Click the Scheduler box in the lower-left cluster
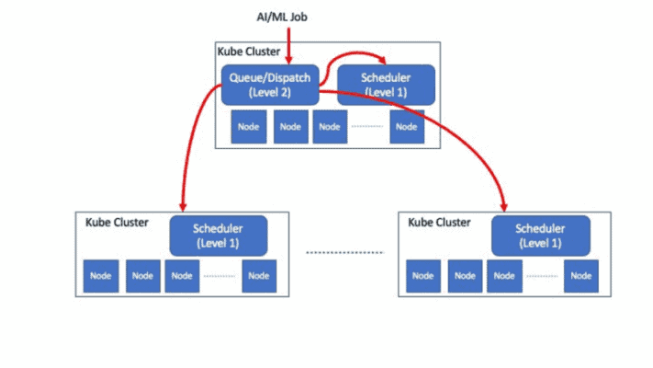tap(218, 236)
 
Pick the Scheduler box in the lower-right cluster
tap(539, 236)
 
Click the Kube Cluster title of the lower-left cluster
tap(117, 223)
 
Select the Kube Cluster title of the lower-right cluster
tap(439, 223)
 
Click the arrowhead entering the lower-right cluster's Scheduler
tap(504, 204)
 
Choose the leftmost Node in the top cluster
tap(248, 126)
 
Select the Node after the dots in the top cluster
tap(406, 126)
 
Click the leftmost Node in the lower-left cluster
tap(100, 275)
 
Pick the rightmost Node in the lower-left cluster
tap(259, 275)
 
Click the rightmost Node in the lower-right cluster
tap(581, 275)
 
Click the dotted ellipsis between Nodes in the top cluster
tap(367, 126)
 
